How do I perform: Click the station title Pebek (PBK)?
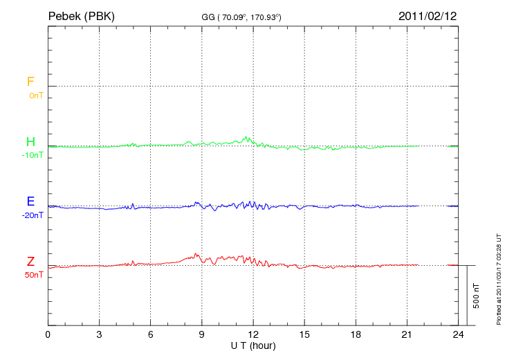(x=81, y=15)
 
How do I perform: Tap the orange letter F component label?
(x=30, y=82)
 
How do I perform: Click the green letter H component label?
(x=30, y=142)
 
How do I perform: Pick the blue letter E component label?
(x=30, y=201)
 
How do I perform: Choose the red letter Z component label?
(x=30, y=261)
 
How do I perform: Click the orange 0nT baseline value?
(x=35, y=96)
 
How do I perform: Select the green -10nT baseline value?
(x=33, y=155)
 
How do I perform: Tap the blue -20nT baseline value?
(x=33, y=215)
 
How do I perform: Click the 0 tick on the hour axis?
(x=48, y=334)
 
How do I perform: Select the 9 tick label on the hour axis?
(x=202, y=334)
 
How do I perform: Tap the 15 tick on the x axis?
(x=304, y=334)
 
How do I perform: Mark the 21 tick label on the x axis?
(x=407, y=334)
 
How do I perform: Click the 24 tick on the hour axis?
(x=458, y=334)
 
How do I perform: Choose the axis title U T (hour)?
(x=253, y=345)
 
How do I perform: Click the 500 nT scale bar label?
(x=477, y=295)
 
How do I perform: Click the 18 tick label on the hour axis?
(x=356, y=334)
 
